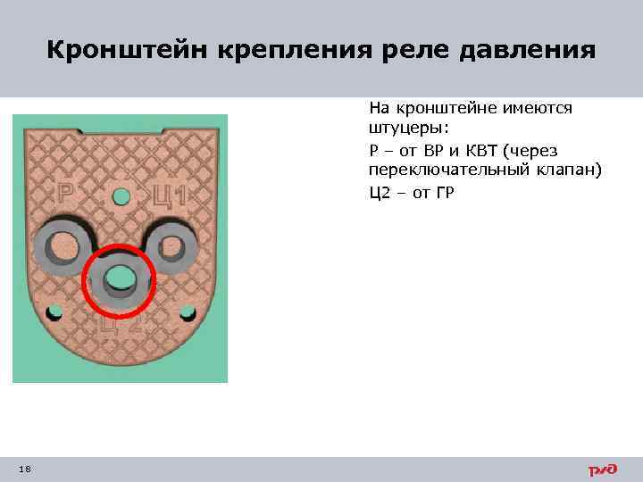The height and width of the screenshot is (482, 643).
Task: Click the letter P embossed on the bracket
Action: coord(65,193)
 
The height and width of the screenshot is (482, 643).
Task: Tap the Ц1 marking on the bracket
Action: coord(169,194)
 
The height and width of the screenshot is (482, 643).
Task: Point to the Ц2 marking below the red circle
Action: coord(121,324)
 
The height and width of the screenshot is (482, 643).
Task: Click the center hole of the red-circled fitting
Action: coord(119,279)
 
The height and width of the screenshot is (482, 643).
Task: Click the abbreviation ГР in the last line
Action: coord(445,191)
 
